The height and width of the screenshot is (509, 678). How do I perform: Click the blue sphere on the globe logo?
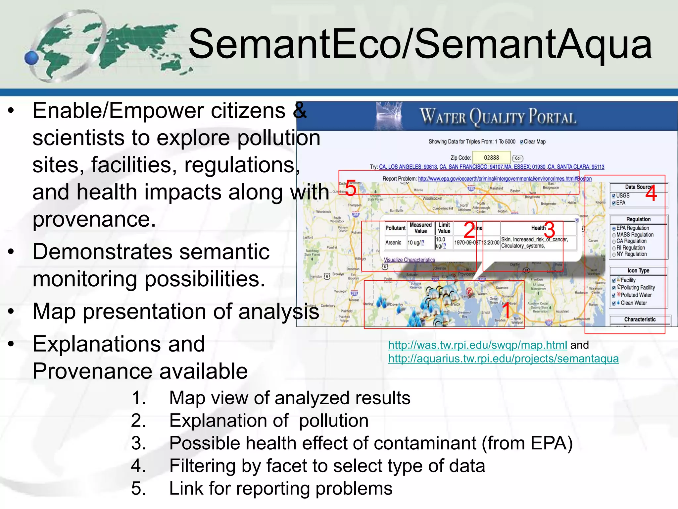(32, 58)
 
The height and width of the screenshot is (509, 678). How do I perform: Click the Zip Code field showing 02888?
(491, 158)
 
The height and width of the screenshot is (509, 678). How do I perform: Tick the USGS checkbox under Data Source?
(613, 196)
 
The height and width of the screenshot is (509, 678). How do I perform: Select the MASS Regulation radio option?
(614, 235)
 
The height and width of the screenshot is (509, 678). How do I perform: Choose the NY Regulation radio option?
(614, 254)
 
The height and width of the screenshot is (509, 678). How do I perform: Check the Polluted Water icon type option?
(614, 295)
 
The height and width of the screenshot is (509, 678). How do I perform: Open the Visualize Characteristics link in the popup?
(409, 260)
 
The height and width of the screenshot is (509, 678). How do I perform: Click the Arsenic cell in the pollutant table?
(393, 243)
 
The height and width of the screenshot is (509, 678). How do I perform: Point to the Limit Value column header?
(444, 228)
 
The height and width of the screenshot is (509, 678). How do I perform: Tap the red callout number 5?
(351, 189)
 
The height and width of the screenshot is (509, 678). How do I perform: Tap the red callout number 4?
(651, 194)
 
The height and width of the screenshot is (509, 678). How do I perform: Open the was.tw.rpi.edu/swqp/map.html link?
(477, 345)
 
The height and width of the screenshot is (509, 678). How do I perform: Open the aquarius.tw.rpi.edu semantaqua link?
(503, 359)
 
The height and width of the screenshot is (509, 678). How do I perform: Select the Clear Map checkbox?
(522, 142)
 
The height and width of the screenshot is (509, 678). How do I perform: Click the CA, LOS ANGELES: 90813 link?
(408, 167)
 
